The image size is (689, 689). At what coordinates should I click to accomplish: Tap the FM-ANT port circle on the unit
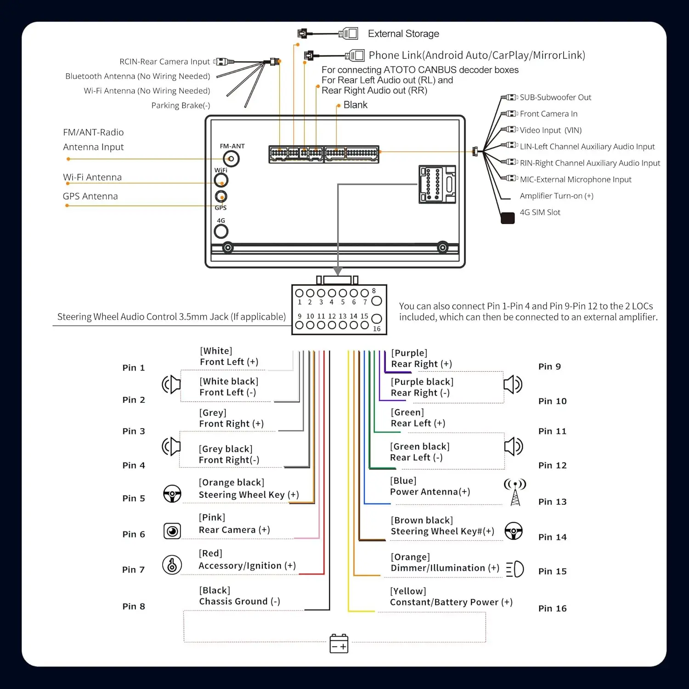[231, 159]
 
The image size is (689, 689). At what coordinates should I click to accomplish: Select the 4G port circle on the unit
[221, 232]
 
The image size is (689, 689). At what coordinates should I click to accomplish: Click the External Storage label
[403, 34]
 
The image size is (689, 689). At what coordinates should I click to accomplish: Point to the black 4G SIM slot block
[508, 218]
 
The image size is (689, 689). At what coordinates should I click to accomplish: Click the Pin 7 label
[133, 570]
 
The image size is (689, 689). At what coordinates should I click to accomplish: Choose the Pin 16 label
[552, 608]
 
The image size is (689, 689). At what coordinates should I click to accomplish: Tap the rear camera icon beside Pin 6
[172, 531]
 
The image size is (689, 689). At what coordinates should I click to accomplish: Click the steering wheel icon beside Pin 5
[172, 494]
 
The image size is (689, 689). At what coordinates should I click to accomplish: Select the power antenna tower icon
[515, 492]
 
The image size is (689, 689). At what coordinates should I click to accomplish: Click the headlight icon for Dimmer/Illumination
[515, 569]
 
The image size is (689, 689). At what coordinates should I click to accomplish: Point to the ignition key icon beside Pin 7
[172, 565]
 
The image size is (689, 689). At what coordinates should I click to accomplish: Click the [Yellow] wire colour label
[408, 591]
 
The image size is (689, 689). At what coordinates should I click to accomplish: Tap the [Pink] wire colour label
[212, 517]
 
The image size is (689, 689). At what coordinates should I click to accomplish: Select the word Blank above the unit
[356, 105]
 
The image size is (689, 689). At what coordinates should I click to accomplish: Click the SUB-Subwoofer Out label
[555, 97]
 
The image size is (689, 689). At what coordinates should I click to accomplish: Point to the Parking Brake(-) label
[181, 106]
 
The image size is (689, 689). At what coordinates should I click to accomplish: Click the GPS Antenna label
[90, 196]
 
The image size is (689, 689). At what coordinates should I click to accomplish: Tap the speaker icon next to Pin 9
[513, 384]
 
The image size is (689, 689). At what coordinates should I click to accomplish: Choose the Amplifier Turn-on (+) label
[557, 196]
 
